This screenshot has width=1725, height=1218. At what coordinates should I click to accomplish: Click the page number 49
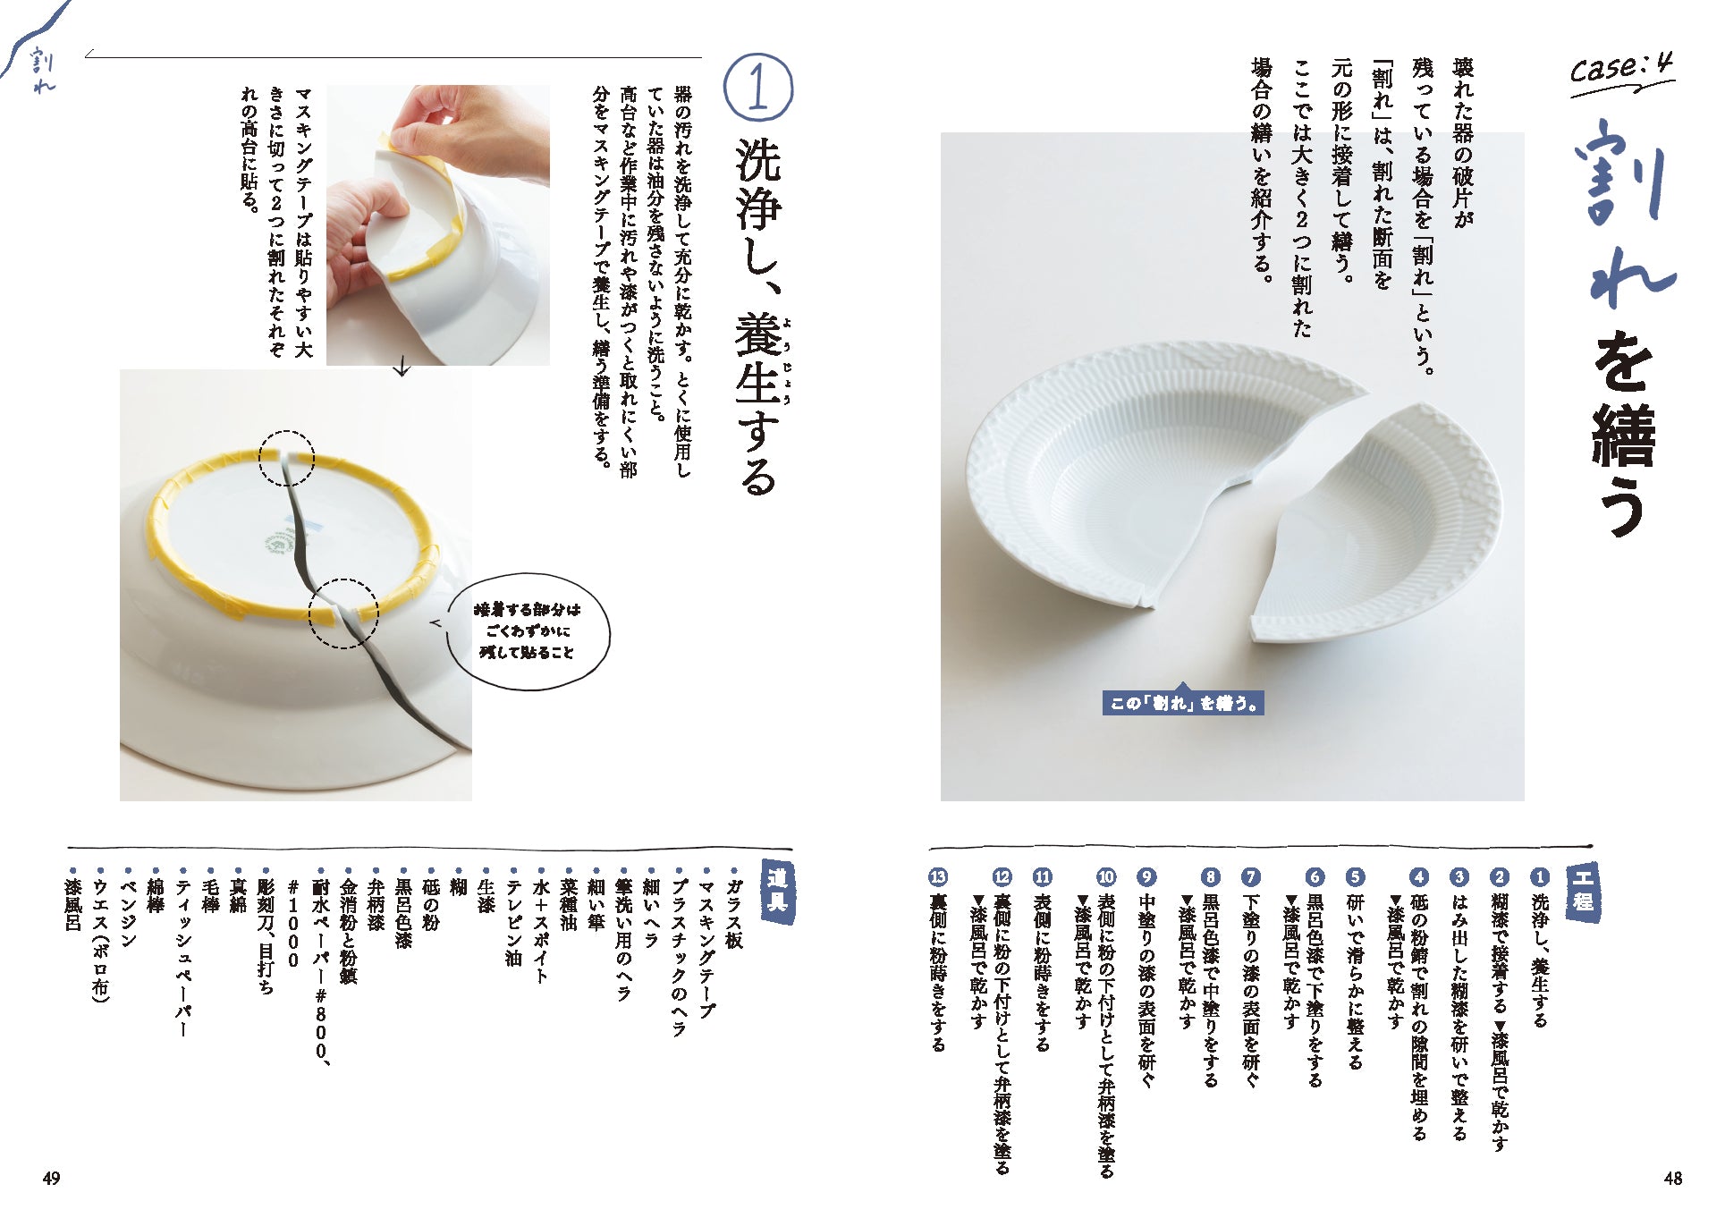point(52,1179)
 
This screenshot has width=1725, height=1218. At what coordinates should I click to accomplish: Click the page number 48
point(1672,1179)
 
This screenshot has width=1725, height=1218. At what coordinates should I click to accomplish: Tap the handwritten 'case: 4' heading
point(1621,71)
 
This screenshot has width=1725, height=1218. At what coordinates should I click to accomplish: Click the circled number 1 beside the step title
point(757,88)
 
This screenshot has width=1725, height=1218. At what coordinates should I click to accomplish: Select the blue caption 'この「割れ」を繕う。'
point(1183,704)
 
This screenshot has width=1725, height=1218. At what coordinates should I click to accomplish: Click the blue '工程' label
point(1582,890)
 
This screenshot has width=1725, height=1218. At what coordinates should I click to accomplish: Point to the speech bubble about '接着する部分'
point(528,630)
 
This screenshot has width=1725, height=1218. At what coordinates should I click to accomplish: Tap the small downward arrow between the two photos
point(402,366)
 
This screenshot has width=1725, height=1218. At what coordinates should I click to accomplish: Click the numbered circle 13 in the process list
point(937,876)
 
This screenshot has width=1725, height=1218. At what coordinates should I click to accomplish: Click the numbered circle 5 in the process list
point(1355,876)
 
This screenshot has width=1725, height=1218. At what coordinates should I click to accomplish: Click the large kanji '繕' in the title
point(1622,435)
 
